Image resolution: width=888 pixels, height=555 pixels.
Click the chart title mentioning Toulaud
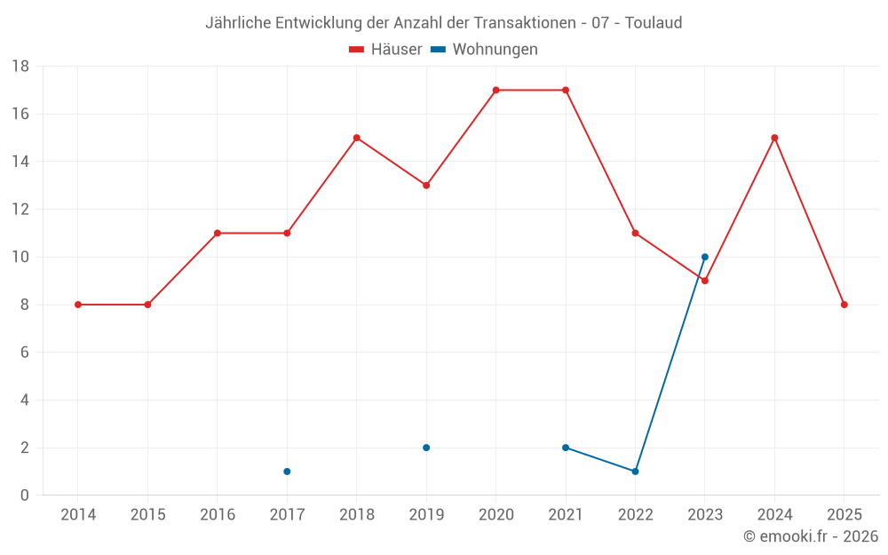(443, 23)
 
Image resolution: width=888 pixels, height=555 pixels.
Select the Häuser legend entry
(385, 50)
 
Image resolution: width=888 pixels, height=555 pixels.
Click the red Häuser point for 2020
(496, 90)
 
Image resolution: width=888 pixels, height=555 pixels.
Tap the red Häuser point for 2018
(356, 138)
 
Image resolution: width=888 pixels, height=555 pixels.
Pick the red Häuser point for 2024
(774, 138)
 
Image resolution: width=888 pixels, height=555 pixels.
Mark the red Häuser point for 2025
(844, 305)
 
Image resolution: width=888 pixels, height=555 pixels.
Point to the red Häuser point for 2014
(78, 305)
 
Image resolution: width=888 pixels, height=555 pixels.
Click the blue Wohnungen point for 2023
(705, 257)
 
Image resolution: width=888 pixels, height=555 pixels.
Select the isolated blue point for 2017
(287, 472)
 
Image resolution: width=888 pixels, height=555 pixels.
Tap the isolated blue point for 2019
(426, 448)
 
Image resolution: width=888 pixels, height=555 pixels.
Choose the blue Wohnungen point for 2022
(635, 472)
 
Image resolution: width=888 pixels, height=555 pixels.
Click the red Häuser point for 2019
(426, 186)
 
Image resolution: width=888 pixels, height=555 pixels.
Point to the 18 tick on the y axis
(20, 67)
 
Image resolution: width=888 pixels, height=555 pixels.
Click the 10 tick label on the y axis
(20, 258)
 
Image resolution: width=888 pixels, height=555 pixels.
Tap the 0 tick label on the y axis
(25, 496)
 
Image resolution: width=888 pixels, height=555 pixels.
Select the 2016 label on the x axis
(218, 515)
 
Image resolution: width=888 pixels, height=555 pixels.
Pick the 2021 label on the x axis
(566, 515)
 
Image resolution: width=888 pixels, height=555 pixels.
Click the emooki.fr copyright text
(810, 536)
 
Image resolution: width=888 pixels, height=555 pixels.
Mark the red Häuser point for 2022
(635, 233)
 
